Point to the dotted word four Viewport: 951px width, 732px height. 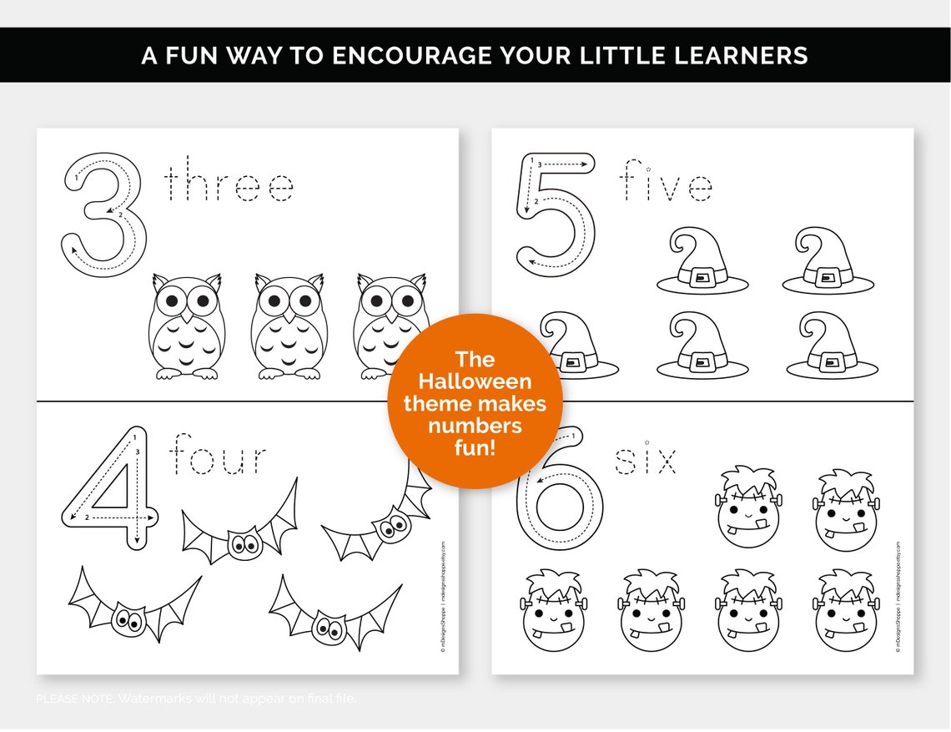219,457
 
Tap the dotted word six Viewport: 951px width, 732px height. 646,460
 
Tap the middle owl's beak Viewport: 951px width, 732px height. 288,316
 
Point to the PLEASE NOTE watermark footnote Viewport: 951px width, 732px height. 196,698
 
